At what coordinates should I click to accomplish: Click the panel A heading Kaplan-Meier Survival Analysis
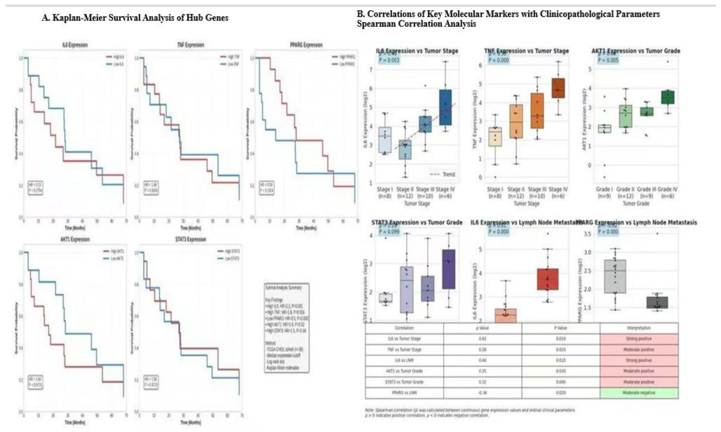[135, 18]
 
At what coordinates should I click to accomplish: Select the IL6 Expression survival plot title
[75, 45]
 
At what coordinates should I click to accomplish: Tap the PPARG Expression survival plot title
[306, 45]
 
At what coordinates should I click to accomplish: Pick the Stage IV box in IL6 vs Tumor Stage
[445, 107]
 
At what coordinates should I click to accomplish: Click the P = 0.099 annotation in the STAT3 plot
[389, 232]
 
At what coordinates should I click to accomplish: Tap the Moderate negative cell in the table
[639, 393]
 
